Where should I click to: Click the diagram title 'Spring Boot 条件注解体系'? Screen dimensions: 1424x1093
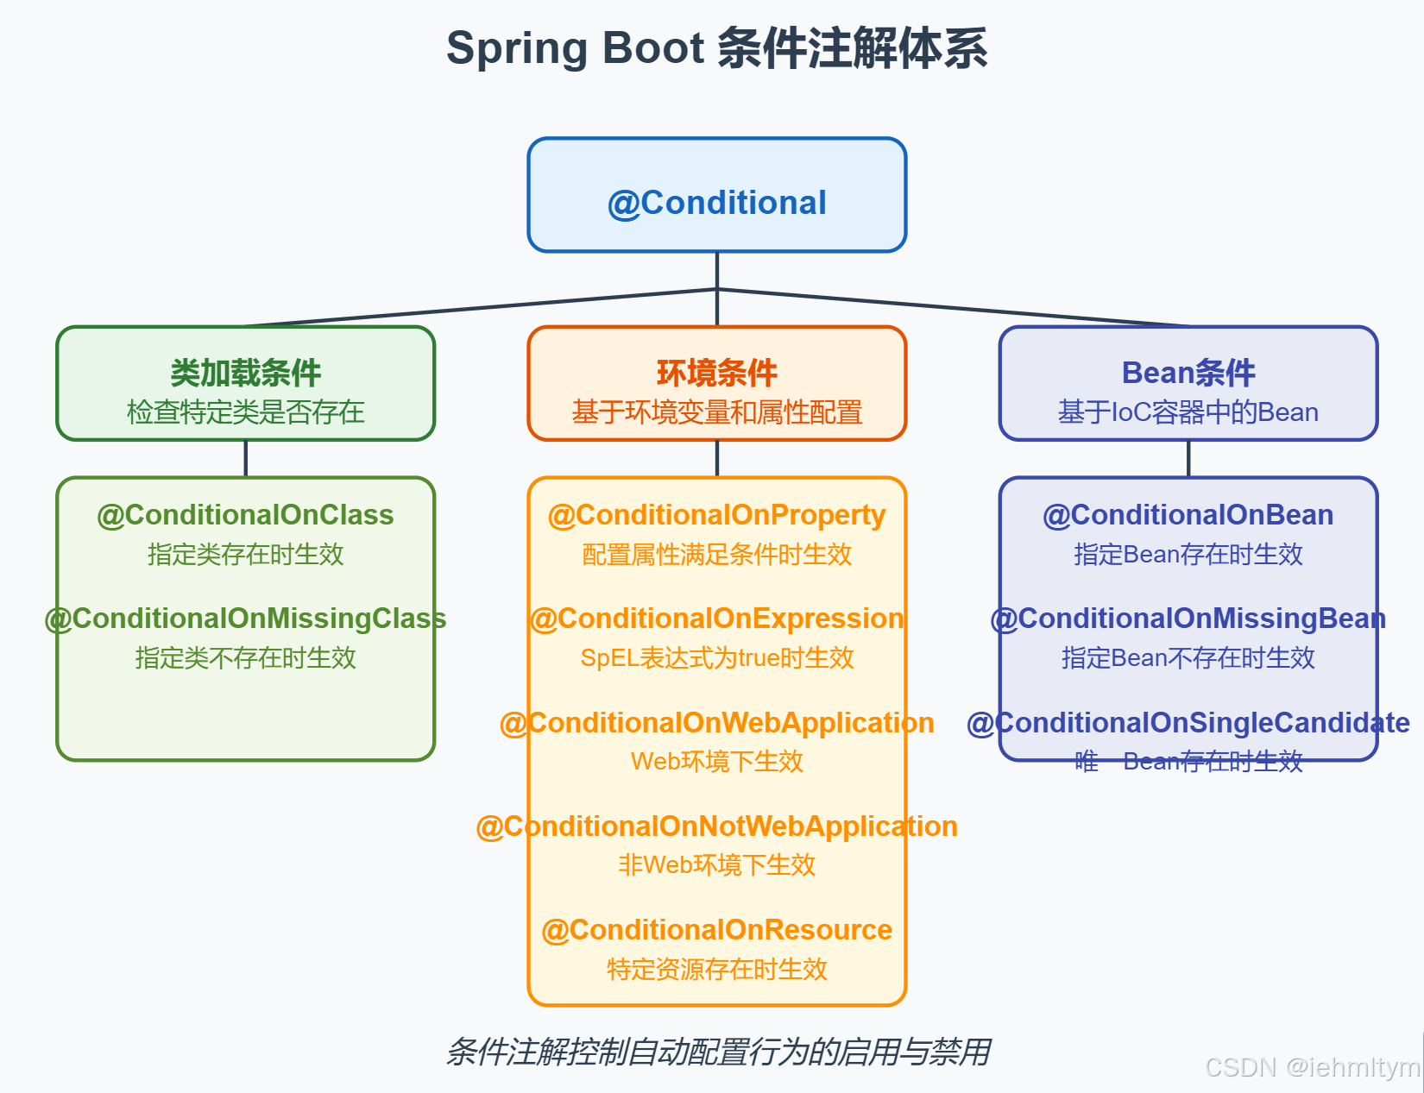coord(716,48)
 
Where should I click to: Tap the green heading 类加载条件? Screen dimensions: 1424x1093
coord(245,373)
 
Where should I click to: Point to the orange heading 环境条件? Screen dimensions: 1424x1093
coord(716,373)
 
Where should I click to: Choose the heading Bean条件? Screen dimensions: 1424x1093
coord(1188,373)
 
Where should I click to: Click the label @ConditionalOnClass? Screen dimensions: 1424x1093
coord(245,515)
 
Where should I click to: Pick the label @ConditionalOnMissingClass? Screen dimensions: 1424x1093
coord(245,619)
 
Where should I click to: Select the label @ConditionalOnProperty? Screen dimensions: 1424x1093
coord(716,515)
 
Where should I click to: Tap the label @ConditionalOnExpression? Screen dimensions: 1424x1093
coord(716,619)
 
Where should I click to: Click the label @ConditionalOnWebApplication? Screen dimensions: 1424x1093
coord(716,723)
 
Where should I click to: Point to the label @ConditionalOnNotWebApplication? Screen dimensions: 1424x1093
coord(716,826)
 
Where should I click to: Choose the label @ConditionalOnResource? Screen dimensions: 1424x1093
coord(716,930)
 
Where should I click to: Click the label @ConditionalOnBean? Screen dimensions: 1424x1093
coord(1188,515)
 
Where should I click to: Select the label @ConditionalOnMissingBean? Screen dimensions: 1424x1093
coord(1188,619)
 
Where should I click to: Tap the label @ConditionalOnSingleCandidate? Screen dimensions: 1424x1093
coord(1188,723)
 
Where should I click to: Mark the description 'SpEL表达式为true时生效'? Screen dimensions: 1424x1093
coord(716,658)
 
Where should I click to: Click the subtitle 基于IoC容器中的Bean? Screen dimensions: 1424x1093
coord(1188,412)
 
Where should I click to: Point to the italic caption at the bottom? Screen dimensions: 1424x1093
coord(716,1052)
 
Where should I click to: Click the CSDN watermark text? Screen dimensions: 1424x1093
coord(1311,1068)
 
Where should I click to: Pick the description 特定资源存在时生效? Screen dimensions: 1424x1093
coord(716,969)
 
